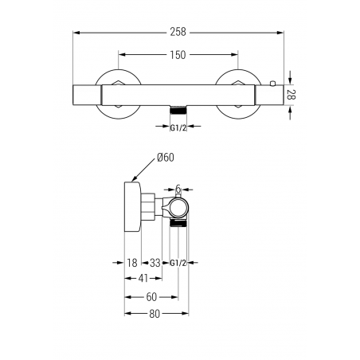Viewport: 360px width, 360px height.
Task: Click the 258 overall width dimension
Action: (x=178, y=32)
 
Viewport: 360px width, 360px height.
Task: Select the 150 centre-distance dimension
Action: (x=178, y=55)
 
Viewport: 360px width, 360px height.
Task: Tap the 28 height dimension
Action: (x=292, y=95)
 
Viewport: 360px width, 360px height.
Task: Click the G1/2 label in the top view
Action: (x=178, y=128)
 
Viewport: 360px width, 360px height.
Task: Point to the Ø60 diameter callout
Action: (x=166, y=158)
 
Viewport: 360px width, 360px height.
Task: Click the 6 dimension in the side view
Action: (x=178, y=189)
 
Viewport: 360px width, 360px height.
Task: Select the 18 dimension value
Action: (x=132, y=263)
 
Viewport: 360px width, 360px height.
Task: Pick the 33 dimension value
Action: (x=155, y=263)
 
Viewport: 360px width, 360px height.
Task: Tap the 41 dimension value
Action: (x=143, y=278)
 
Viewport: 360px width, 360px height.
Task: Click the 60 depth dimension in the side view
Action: (x=151, y=297)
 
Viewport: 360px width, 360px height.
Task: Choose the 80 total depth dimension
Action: (x=155, y=314)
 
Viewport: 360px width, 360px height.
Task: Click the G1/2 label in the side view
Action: (x=178, y=263)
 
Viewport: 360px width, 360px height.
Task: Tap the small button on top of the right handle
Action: (x=272, y=83)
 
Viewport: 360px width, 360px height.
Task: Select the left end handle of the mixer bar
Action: (x=87, y=95)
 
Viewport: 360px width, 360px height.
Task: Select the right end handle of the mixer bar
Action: (x=269, y=95)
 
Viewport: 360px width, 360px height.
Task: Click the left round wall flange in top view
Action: (x=118, y=94)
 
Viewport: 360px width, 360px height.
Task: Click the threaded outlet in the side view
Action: (x=178, y=223)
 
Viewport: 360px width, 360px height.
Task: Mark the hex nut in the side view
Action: (x=148, y=206)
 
